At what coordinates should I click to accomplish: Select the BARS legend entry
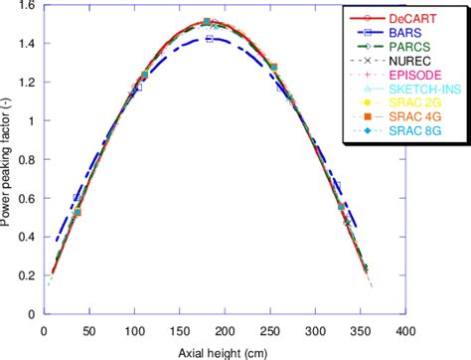point(410,32)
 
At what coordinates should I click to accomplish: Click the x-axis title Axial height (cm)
point(224,351)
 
